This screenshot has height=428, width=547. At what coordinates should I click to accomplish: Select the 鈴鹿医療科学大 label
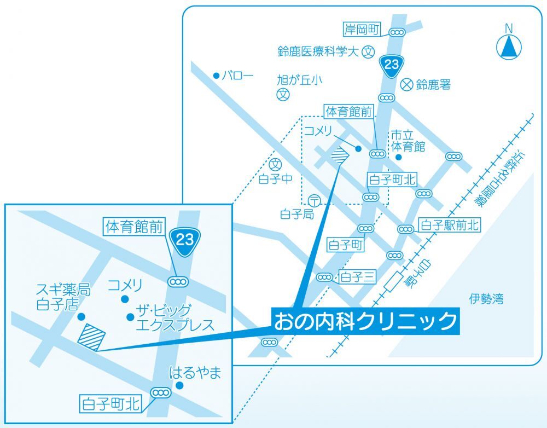coord(318,52)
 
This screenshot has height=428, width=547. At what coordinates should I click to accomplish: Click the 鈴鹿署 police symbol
coord(406,84)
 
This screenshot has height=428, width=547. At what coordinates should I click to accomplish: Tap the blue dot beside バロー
coord(216,75)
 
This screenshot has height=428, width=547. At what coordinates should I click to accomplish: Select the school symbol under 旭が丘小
coord(282,94)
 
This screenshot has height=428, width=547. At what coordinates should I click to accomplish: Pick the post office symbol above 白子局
coord(314,200)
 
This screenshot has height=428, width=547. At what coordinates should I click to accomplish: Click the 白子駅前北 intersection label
coord(449,224)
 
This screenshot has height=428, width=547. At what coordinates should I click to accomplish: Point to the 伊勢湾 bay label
coord(486,299)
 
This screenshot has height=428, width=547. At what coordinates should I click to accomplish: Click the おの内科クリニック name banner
coord(365,321)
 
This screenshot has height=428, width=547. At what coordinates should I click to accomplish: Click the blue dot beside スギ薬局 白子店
coord(81,316)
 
